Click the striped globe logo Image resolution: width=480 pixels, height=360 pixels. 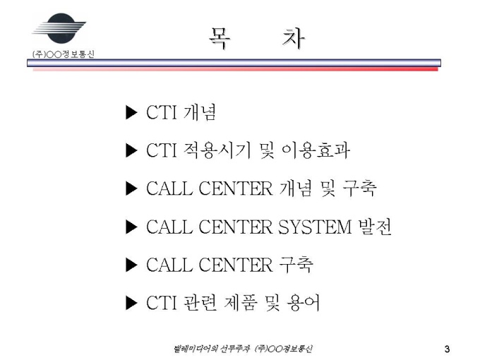tap(59, 28)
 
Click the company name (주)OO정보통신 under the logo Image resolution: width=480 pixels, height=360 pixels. tap(64, 54)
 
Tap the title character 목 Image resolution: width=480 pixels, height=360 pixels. tap(220, 39)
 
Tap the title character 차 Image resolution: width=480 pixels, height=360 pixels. tap(294, 39)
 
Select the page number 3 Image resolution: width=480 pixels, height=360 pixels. tap(448, 349)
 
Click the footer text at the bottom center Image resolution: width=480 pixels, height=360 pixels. tap(243, 349)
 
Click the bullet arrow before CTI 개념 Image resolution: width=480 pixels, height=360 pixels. tap(131, 112)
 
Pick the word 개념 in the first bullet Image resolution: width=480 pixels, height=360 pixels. tap(200, 112)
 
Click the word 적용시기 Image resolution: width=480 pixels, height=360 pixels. tap(217, 150)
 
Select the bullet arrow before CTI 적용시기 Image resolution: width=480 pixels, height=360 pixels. tap(131, 150)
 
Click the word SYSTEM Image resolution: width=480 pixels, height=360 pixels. tap(315, 227)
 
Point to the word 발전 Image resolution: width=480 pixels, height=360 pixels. tap(375, 227)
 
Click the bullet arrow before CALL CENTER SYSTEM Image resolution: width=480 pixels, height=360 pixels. tap(131, 227)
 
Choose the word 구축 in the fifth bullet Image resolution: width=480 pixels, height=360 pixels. tap(296, 265)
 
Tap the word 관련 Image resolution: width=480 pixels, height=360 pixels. tap(200, 303)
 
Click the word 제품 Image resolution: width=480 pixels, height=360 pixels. tap(240, 303)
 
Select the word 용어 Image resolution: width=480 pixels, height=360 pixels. tap(303, 303)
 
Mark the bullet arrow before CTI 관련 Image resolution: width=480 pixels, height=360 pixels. tap(131, 303)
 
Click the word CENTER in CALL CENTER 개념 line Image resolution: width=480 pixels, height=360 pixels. tap(235, 188)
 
